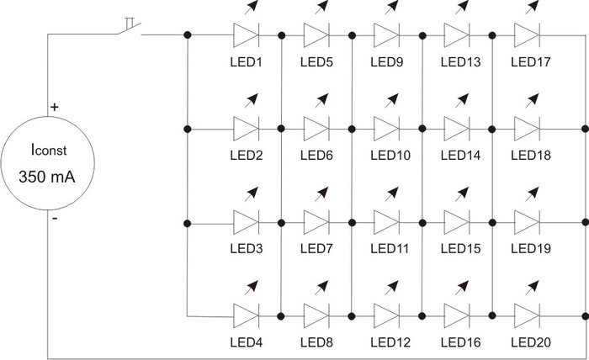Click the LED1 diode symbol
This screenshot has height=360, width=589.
click(x=246, y=35)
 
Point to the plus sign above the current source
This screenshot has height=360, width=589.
click(x=56, y=108)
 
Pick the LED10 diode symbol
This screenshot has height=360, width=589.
click(x=386, y=130)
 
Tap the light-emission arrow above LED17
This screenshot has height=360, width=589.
click(x=529, y=8)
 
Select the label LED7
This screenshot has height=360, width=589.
click(x=316, y=249)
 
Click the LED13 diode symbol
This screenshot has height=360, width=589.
click(x=456, y=35)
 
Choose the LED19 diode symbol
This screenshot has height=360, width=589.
click(x=527, y=224)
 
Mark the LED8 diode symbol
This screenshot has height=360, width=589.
click(x=316, y=316)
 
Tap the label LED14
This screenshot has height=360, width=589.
click(x=459, y=156)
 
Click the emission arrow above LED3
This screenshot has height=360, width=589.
click(x=248, y=196)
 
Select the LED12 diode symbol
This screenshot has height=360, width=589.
click(x=386, y=316)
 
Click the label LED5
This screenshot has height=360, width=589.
click(x=316, y=61)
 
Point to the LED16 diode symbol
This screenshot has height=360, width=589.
click(x=456, y=316)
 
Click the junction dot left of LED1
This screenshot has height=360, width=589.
click(x=186, y=35)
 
